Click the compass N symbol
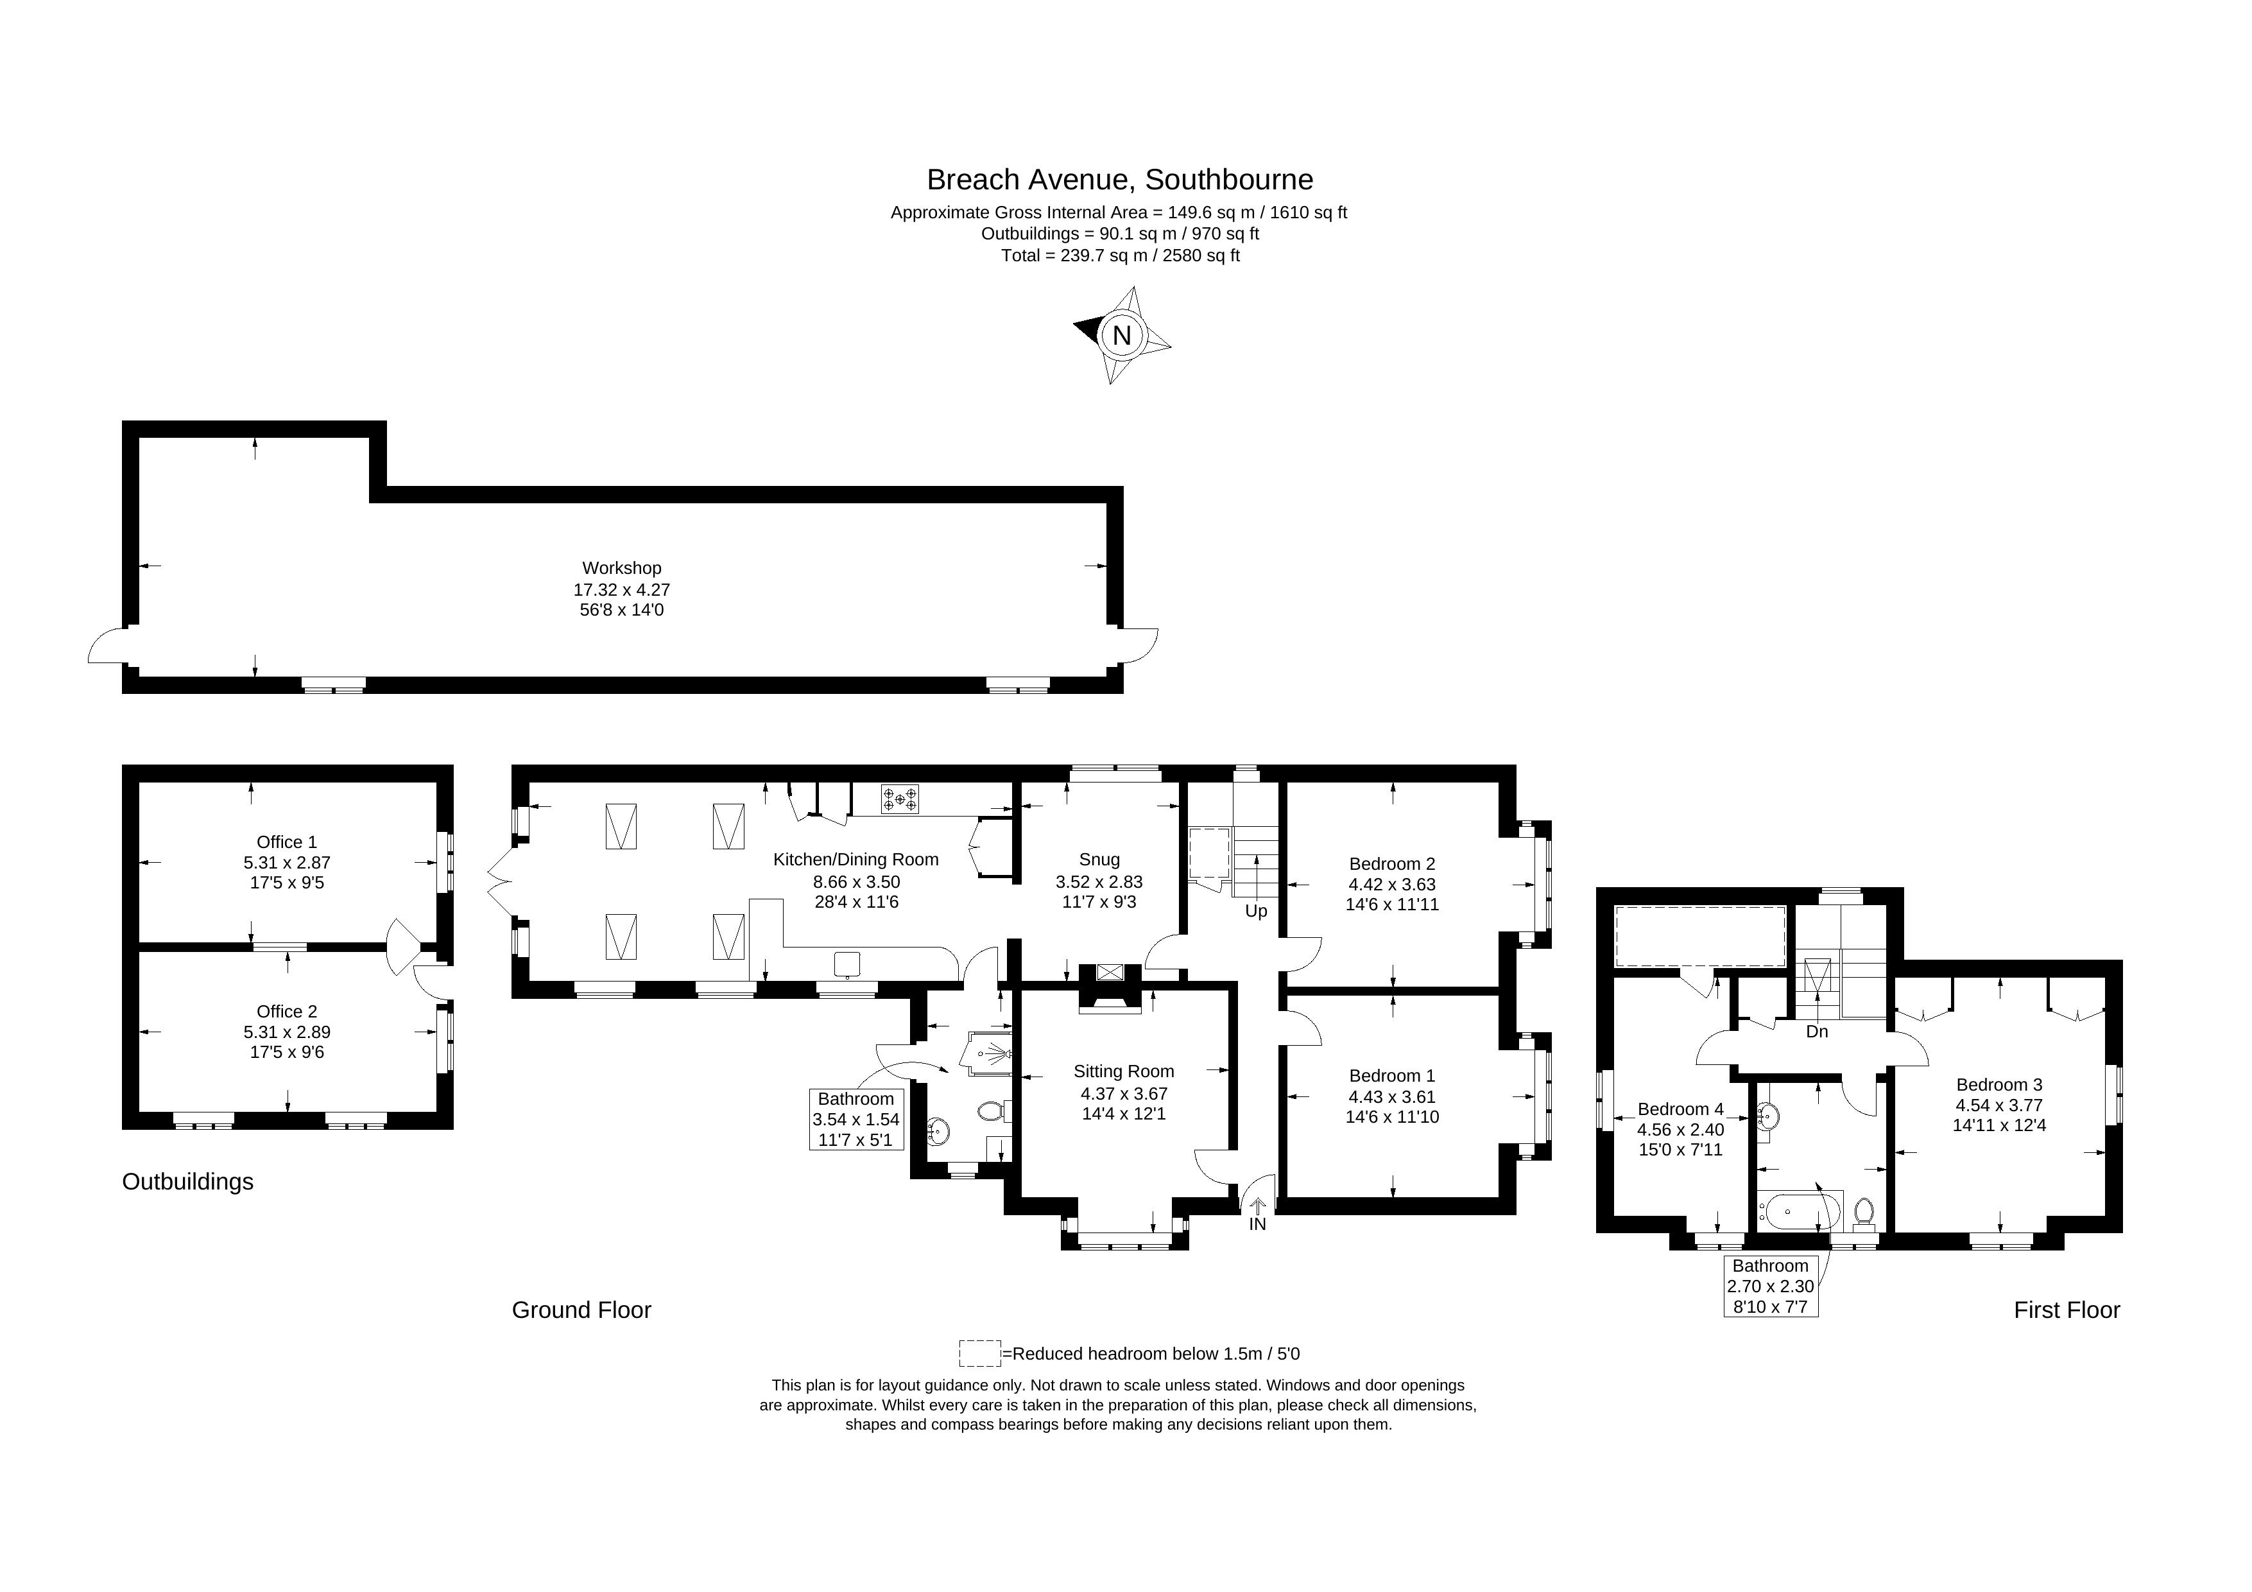point(1121,336)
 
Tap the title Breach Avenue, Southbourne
point(1119,180)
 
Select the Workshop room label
point(622,568)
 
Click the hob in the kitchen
point(899,799)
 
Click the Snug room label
point(1099,860)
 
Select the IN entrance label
point(1257,1224)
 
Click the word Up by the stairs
point(1257,912)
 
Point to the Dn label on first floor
point(1816,1032)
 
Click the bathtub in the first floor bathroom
point(1800,1211)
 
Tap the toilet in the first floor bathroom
point(1864,1215)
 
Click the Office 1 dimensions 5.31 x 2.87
point(286,863)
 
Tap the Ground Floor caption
point(581,1310)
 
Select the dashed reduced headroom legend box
point(980,1353)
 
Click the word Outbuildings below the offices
point(187,1182)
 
